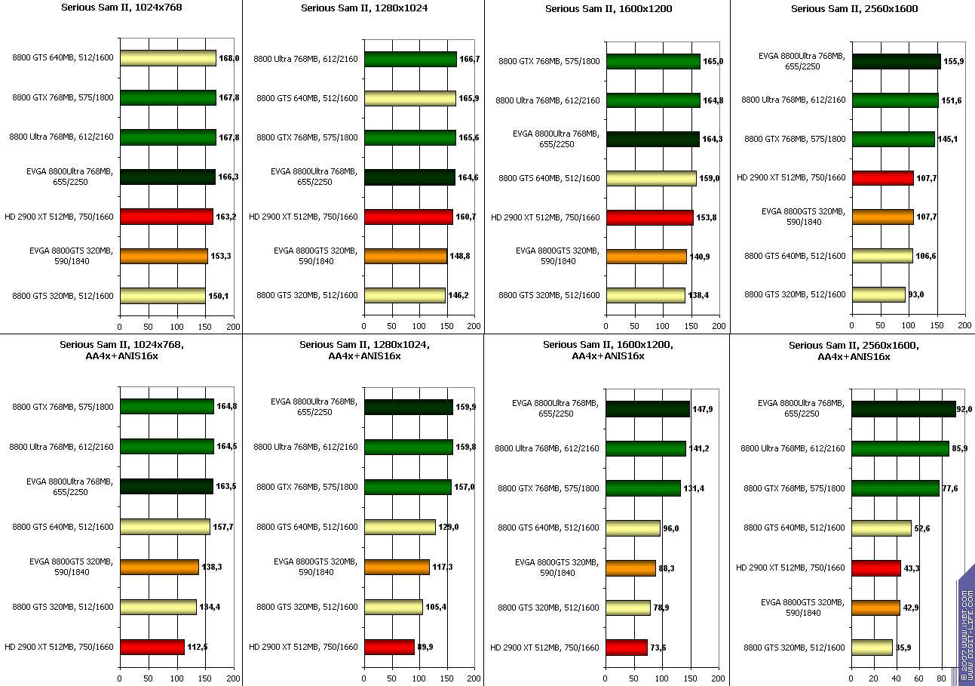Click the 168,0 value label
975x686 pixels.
229,58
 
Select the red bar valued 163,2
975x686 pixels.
167,217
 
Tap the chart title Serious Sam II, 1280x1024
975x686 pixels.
362,8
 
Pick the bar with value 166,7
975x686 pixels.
411,59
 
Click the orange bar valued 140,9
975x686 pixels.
646,257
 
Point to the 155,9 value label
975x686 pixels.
954,61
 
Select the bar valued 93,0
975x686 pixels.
878,295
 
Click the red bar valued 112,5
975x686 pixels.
152,647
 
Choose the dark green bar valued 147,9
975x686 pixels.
648,409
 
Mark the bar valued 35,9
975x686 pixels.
872,648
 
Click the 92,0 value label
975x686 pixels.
964,409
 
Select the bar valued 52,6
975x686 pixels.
881,528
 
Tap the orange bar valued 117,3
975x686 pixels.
397,567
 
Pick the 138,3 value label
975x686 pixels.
213,567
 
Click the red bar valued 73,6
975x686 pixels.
627,648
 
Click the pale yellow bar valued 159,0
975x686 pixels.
652,178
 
